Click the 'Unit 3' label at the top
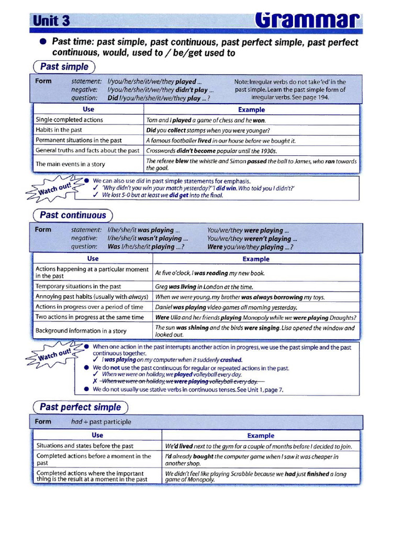point(51,20)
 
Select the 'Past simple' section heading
point(64,67)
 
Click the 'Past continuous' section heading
point(73,215)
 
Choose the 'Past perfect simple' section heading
point(80,407)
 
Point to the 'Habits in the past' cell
point(59,130)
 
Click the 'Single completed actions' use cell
point(69,120)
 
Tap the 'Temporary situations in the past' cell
point(78,286)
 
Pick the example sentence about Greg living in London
point(204,287)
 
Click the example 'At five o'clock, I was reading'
point(210,273)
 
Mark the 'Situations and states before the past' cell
point(84,446)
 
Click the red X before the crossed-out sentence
point(95,382)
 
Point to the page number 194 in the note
point(323,98)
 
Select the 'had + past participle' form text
point(101,422)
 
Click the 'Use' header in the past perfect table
point(97,435)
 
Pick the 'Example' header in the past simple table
point(251,110)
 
